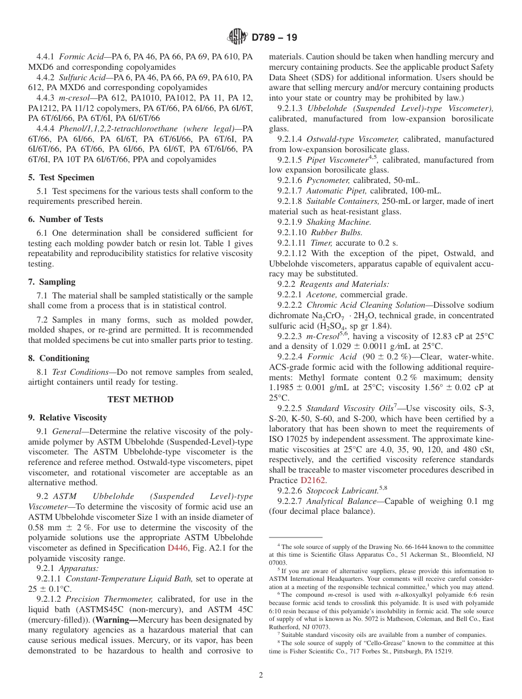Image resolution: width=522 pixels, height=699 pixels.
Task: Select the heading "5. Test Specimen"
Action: [62, 177]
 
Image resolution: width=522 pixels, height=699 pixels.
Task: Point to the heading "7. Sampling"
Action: [52, 282]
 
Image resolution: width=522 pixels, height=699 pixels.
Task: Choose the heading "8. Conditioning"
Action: [59, 358]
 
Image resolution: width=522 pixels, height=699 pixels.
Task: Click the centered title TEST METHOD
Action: [140, 400]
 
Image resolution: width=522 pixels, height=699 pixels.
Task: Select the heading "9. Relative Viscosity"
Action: [68, 418]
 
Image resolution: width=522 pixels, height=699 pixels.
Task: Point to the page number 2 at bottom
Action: [261, 675]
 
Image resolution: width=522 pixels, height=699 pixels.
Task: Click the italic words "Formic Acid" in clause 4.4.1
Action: [77, 57]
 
